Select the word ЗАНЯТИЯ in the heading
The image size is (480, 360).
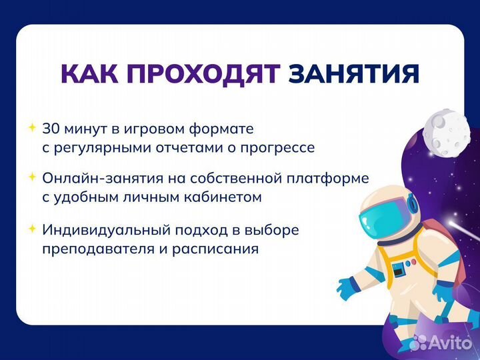pyautogui.click(x=353, y=74)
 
